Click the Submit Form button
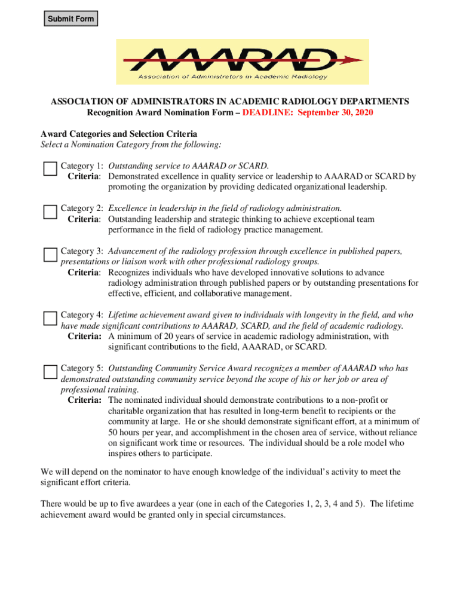tap(70, 19)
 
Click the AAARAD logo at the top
tap(242, 62)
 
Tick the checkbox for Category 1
tap(50, 169)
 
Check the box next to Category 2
tap(50, 212)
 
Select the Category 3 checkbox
tap(50, 255)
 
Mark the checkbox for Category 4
tap(50, 318)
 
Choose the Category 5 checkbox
tap(50, 372)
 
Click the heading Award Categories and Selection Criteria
tap(118, 134)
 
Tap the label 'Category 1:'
tap(83, 166)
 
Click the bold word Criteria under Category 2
tap(84, 219)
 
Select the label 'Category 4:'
tap(83, 315)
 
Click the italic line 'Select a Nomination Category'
tap(131, 145)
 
